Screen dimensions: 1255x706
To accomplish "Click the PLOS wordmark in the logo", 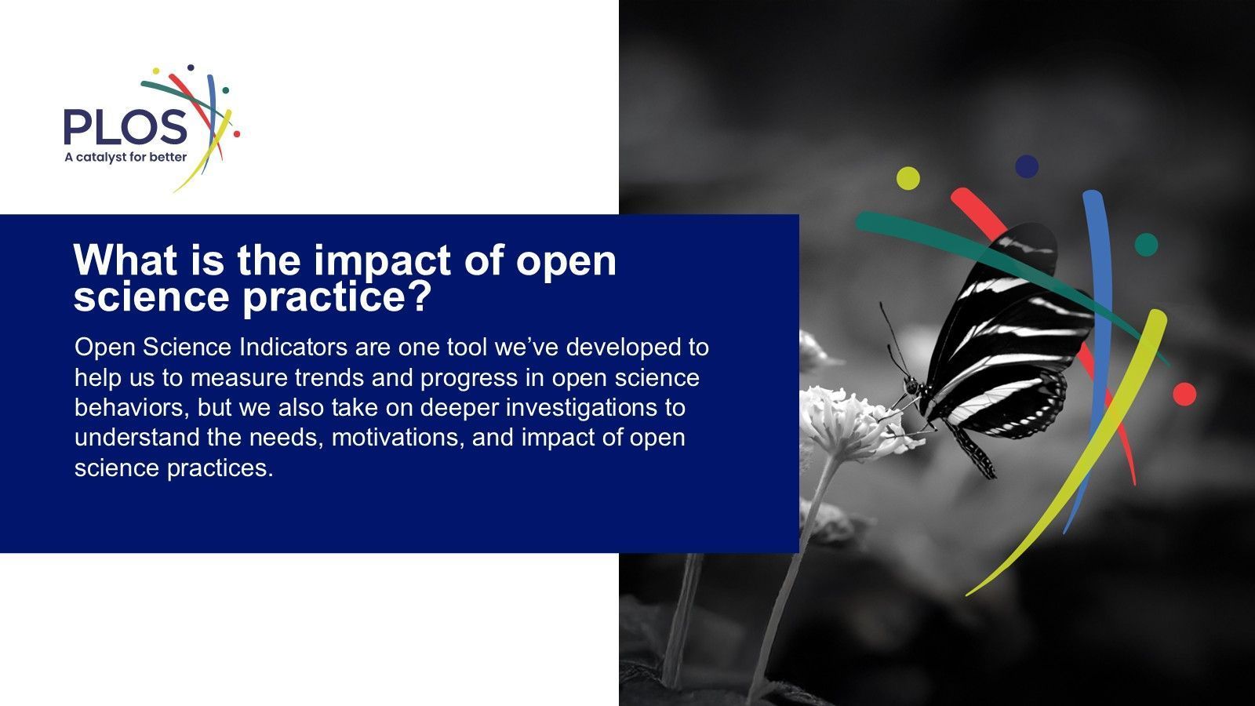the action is [125, 126].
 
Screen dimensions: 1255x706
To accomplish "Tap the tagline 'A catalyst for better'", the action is [125, 158].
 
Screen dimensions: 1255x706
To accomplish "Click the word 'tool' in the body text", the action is [467, 348].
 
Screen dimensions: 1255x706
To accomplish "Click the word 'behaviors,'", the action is [133, 408].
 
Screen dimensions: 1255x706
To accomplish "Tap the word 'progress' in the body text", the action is [469, 379].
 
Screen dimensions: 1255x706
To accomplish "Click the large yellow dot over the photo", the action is [908, 178].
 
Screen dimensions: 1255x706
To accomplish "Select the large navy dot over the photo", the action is [1027, 166].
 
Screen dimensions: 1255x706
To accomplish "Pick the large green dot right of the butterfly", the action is [1146, 245].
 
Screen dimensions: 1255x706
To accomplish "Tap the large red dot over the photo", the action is [1184, 394].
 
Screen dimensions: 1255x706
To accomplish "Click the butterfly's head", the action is [911, 385].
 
